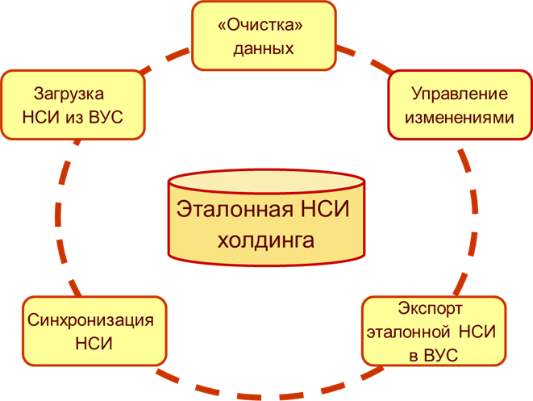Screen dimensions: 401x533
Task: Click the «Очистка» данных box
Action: click(x=262, y=36)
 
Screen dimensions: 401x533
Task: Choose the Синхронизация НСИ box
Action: click(x=92, y=331)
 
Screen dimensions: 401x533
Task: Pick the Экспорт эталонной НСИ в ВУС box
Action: click(x=434, y=331)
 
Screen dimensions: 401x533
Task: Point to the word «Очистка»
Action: click(x=262, y=24)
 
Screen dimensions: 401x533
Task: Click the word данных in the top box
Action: click(x=262, y=48)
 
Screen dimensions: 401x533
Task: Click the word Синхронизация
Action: click(x=90, y=319)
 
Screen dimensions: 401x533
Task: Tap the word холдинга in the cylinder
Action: click(x=266, y=240)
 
